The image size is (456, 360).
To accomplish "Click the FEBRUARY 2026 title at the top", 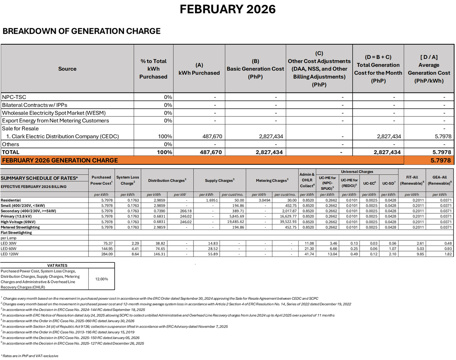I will pyautogui.click(x=227, y=9).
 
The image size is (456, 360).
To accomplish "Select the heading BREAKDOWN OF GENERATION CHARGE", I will pyautogui.click(x=82, y=31).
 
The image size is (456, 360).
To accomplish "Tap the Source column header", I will pyautogui.click(x=67, y=69).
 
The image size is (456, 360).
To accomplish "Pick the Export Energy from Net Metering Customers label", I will pyautogui.click(x=55, y=120).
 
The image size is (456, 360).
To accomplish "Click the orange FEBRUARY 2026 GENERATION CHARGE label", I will pyautogui.click(x=60, y=160).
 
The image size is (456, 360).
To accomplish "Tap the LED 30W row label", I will pyautogui.click(x=9, y=243).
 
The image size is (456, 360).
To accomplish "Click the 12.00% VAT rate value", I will pyautogui.click(x=102, y=279).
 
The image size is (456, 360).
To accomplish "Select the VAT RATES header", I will pyautogui.click(x=57, y=265).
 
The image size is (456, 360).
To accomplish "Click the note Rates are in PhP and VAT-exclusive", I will pyautogui.click(x=30, y=356).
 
